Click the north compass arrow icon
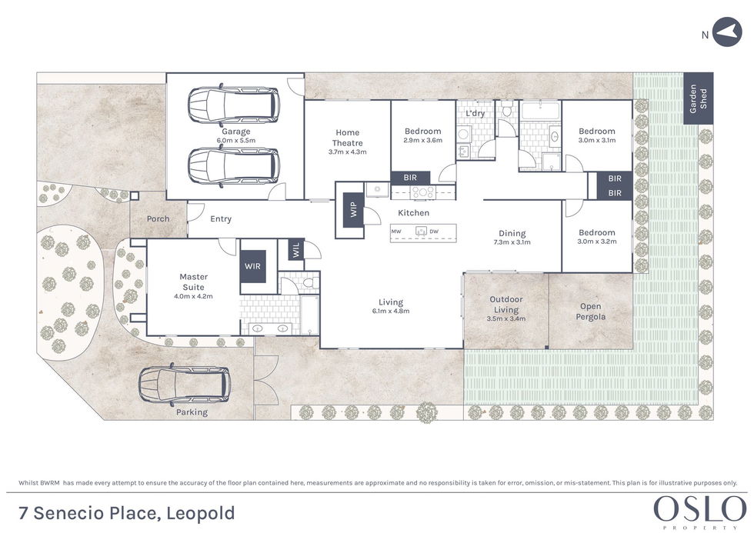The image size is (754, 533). (727, 32)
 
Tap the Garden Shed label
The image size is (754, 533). (699, 98)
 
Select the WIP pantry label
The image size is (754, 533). (354, 209)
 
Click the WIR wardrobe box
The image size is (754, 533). (253, 266)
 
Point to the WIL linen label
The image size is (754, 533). (295, 249)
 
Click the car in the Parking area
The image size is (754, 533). (184, 385)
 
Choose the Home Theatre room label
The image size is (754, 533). (347, 138)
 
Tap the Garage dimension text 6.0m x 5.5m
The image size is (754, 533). (235, 140)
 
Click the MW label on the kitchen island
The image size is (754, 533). (396, 232)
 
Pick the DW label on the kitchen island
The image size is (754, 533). (434, 232)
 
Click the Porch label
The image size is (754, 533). (158, 218)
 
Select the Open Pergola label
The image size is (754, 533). (591, 311)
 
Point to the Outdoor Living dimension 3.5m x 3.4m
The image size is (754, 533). (506, 318)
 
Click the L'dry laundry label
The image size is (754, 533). (475, 113)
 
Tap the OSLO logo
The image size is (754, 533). (699, 509)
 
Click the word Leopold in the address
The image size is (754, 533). (201, 513)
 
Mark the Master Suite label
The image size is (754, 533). (193, 281)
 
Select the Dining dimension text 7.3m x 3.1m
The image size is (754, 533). (512, 242)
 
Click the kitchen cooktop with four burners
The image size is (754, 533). (422, 193)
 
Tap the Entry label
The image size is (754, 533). (221, 219)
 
